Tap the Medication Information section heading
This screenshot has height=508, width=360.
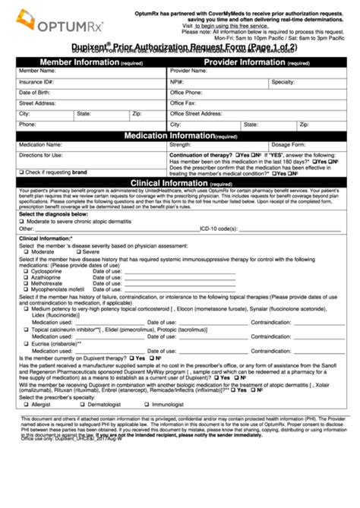[x=180, y=136]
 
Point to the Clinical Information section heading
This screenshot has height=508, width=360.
[x=180, y=183]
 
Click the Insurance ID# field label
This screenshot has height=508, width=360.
[x=36, y=81]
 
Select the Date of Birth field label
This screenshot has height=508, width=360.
[x=35, y=92]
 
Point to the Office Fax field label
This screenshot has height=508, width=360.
[x=183, y=103]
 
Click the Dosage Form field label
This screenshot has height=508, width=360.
[x=289, y=144]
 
